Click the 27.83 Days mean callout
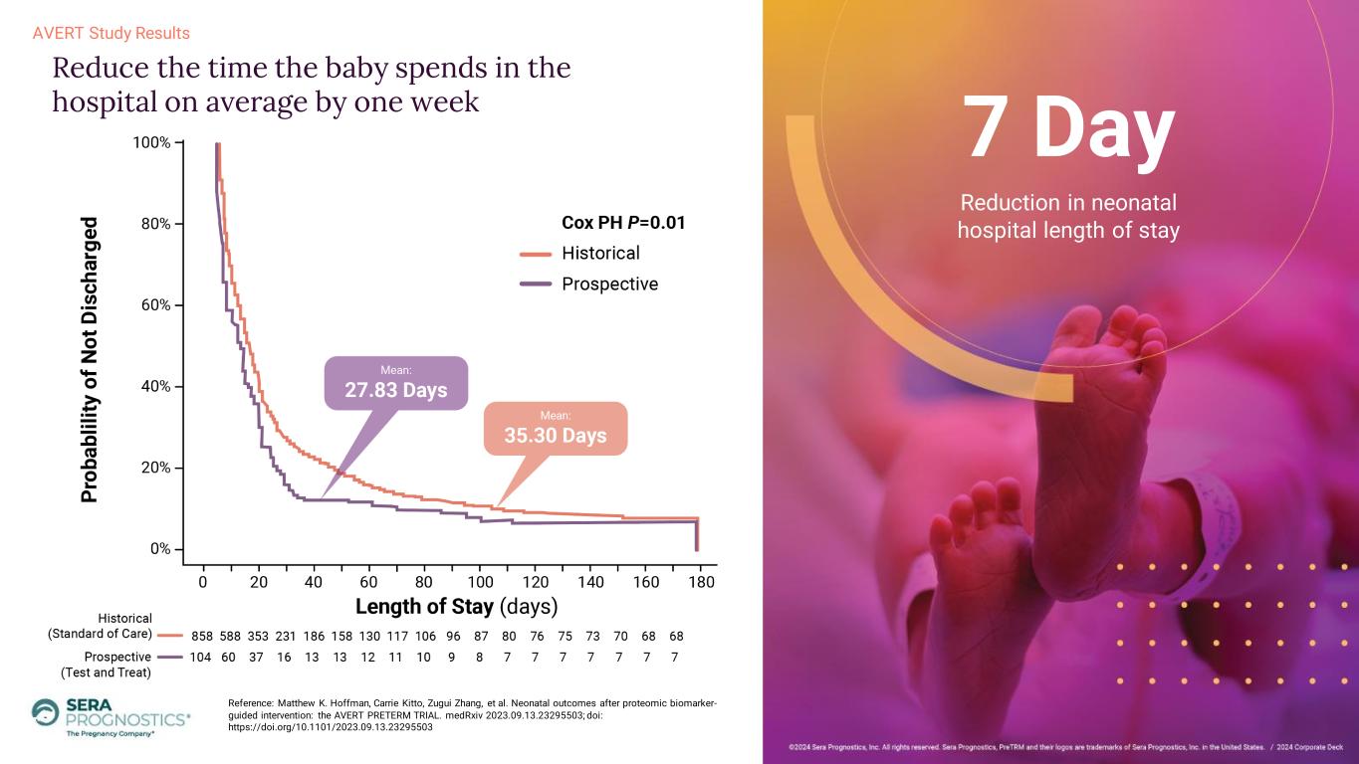396,383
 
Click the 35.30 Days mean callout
556,429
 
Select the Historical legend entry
580,253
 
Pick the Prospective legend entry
589,284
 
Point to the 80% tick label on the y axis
156,224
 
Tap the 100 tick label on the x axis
480,582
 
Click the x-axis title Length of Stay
457,607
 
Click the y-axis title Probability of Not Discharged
90,359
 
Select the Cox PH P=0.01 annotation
623,223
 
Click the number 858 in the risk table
202,636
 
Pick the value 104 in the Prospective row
200,658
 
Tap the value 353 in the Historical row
258,636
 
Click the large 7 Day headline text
1068,129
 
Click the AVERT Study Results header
112,33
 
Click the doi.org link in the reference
331,727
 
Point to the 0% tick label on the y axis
160,549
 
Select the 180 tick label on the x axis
701,582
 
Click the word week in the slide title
445,101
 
